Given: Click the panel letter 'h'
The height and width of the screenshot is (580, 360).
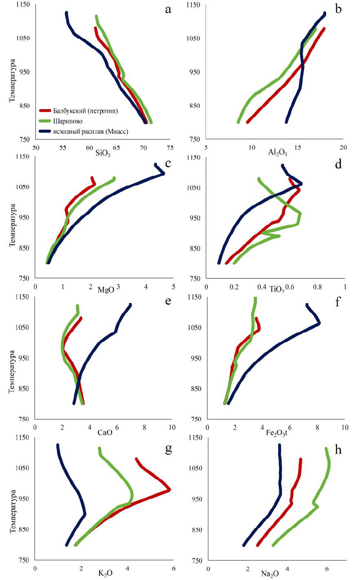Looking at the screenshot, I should pos(338,449).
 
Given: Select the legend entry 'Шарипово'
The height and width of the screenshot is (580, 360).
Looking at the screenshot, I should pos(67,121).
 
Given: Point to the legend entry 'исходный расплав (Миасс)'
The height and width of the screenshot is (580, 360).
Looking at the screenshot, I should pos(90,131).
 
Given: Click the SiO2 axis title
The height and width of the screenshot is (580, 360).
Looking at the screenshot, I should pos(103,153).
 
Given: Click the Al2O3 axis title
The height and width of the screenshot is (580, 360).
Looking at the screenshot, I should pos(278,153).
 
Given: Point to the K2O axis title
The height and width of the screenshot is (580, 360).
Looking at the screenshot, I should pos(105,573).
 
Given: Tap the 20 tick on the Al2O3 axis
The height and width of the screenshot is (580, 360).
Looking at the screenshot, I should pos(344,147).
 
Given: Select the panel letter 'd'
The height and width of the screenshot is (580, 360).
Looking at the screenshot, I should pos(338,164).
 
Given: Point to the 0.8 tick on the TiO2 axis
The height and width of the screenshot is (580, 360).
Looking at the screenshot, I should pos(318,287).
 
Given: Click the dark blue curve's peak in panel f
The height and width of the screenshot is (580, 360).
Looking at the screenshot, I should pos(319,323).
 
